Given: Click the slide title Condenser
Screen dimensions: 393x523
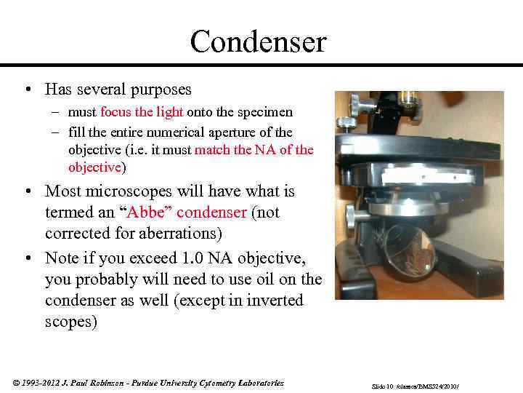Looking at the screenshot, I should [x=258, y=41].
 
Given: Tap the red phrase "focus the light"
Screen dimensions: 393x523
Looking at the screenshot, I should [x=142, y=112].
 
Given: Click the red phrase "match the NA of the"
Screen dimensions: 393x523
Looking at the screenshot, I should [x=254, y=150].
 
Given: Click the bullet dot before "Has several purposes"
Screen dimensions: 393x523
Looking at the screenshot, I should [x=26, y=90].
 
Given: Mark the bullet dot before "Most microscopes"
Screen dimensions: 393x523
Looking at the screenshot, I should [x=26, y=191].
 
